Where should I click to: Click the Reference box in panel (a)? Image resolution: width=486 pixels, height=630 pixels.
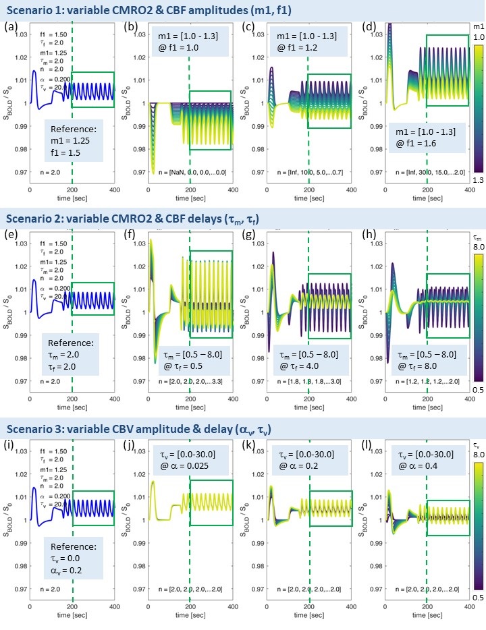click(x=74, y=141)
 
